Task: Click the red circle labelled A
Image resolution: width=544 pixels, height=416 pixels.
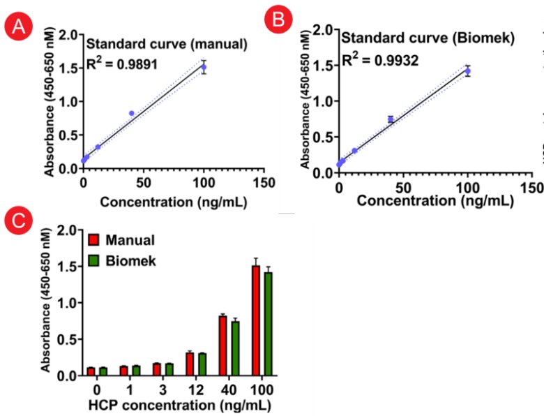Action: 18,28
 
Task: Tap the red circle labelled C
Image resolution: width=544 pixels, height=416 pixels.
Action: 17,221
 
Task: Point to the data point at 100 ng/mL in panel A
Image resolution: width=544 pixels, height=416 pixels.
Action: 204,68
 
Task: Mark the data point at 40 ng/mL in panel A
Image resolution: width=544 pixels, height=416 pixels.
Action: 131,113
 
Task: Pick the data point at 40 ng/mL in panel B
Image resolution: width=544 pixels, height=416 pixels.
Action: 391,119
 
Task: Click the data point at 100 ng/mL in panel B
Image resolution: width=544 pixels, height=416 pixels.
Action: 468,70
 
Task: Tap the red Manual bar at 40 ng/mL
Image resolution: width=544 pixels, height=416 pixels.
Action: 222,345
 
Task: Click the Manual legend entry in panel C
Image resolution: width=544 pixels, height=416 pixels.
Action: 123,241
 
